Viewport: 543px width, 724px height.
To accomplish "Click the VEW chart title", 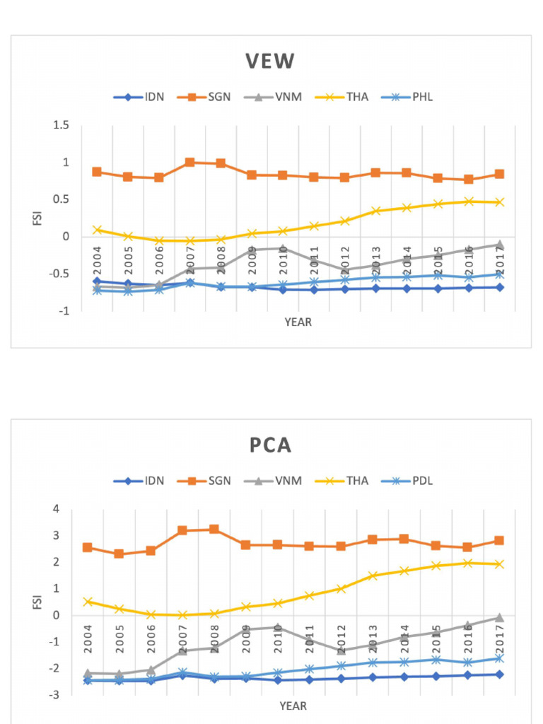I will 270,62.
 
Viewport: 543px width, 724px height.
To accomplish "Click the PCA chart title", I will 270,446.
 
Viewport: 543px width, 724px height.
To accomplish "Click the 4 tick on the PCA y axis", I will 66,510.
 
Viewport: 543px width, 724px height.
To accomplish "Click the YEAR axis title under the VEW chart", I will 298,322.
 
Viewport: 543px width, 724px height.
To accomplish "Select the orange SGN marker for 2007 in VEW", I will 189,163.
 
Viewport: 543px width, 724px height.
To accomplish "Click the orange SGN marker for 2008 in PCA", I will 214,530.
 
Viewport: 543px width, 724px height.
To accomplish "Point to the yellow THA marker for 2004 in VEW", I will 97,230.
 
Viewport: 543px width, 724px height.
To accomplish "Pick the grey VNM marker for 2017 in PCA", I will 499,618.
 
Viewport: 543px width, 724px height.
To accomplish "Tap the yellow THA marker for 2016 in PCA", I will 467,563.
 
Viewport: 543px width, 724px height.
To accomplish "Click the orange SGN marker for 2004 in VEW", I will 97,172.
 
